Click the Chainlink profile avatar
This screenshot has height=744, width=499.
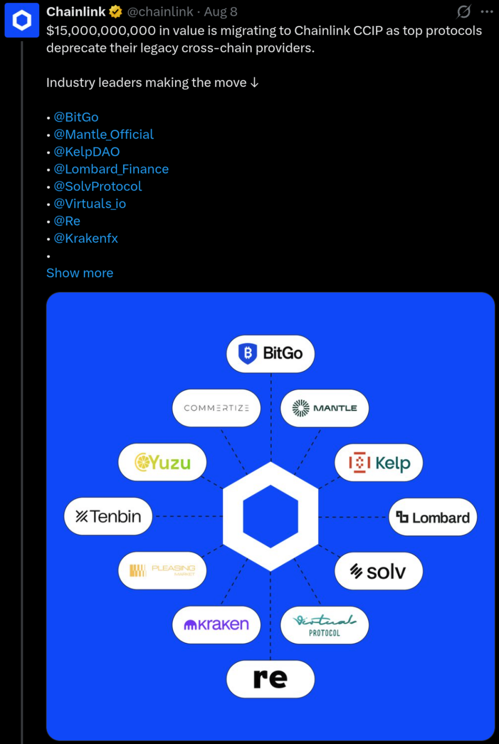tap(22, 20)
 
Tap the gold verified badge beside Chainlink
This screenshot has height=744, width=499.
tap(115, 12)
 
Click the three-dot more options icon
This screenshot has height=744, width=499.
tap(487, 12)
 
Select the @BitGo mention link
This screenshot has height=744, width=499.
tap(76, 117)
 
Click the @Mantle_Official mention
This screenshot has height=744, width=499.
tap(104, 134)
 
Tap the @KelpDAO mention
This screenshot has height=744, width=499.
tap(87, 152)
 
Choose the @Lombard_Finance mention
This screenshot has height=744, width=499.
tap(111, 169)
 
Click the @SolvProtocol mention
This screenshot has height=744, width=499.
tap(98, 186)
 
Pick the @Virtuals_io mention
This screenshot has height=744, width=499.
tap(90, 204)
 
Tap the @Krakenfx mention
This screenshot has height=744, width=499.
tap(86, 238)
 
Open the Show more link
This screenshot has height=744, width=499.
tap(80, 273)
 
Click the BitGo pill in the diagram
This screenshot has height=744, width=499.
tap(270, 354)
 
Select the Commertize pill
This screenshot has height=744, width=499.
tap(216, 408)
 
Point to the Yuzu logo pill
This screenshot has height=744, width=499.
tap(162, 462)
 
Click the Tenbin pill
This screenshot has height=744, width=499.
tap(108, 516)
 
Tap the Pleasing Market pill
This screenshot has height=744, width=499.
tap(162, 571)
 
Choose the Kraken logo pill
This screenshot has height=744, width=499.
tap(216, 625)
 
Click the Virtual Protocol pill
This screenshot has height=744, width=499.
tap(325, 625)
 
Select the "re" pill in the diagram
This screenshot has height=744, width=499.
tap(270, 679)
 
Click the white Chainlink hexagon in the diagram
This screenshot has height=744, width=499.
tap(232, 516)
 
